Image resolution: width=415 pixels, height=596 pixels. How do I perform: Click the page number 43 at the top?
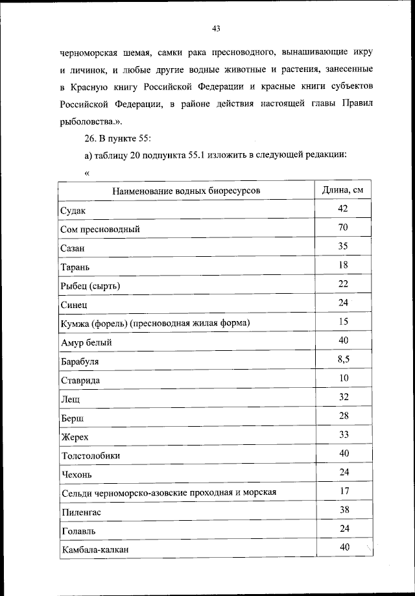216,28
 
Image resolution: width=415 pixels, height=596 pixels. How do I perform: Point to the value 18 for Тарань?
344,265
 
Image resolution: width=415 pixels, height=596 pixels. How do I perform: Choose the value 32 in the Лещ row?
344,396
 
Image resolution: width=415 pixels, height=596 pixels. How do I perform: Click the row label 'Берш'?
71,418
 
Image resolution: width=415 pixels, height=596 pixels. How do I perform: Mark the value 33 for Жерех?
344,434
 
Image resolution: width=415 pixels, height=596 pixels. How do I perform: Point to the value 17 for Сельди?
344,490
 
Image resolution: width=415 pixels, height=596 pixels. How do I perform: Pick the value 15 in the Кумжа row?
344,321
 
